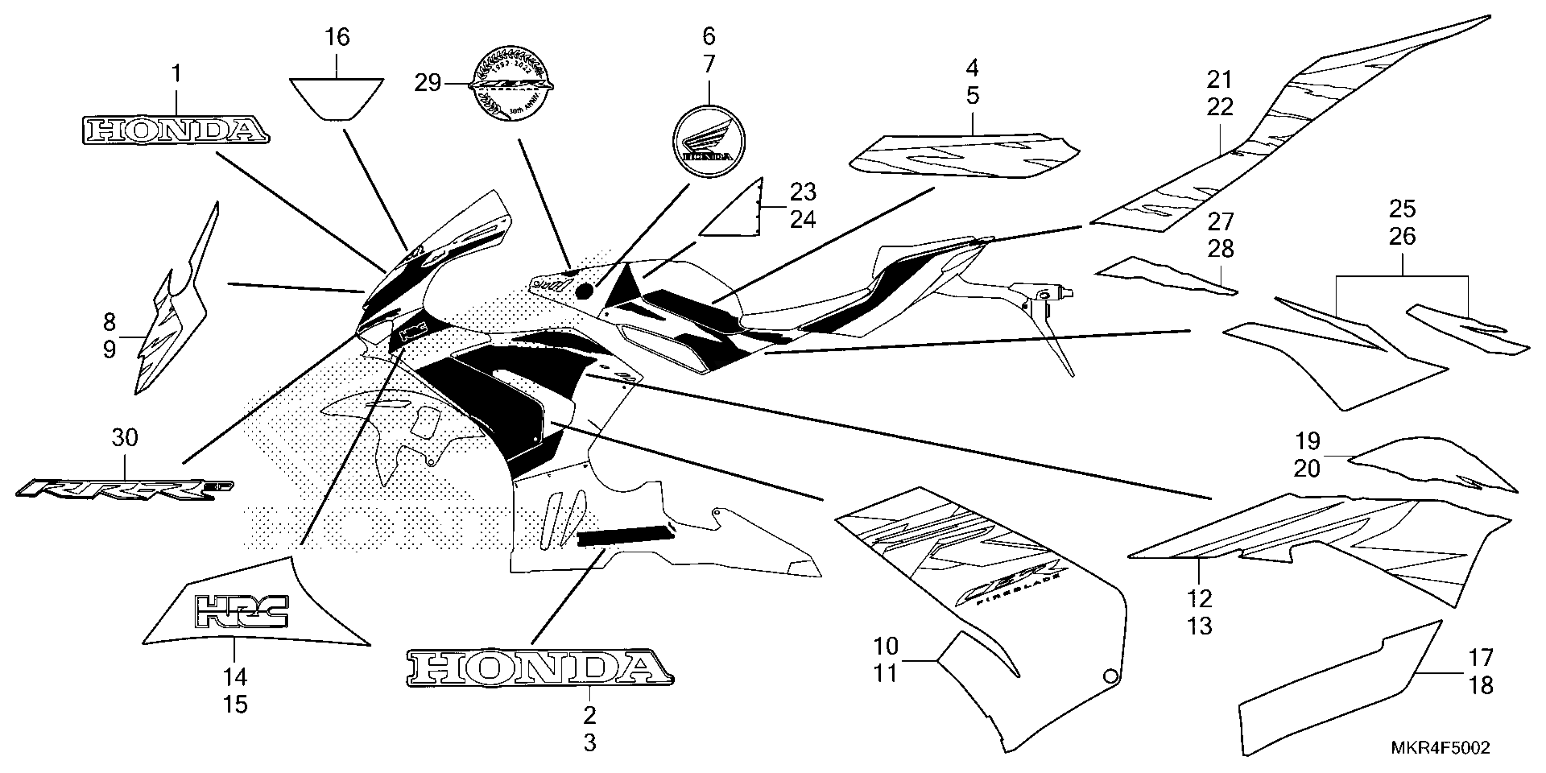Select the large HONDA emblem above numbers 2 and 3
[x=539, y=668]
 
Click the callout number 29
[x=427, y=83]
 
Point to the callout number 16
[x=337, y=37]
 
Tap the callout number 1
[x=176, y=75]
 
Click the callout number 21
[x=1220, y=79]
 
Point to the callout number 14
[x=235, y=678]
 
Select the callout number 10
[x=885, y=647]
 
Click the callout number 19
[x=1308, y=441]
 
